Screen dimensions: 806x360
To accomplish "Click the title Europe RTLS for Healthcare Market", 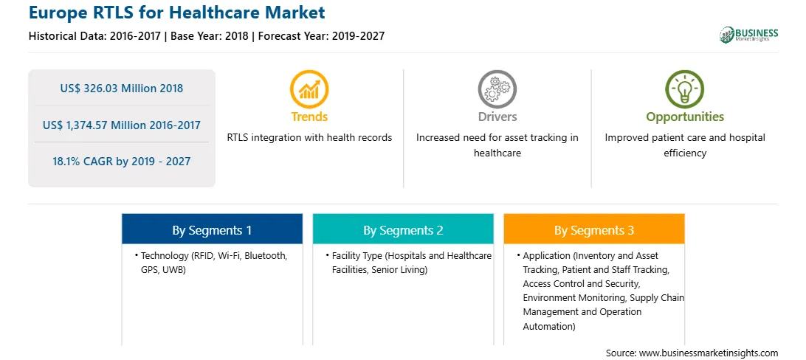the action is point(177,12).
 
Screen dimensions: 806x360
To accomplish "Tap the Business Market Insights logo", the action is point(748,35).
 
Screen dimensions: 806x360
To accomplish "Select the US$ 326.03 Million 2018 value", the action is point(121,88).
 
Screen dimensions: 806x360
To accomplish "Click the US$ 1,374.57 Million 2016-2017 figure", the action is point(121,125).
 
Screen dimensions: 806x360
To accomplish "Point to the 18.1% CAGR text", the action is point(121,162).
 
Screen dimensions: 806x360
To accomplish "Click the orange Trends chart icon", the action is point(309,89).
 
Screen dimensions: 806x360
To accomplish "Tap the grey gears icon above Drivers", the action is point(497,89).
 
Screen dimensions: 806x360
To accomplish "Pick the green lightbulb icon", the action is point(685,89).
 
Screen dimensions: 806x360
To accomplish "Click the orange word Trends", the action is point(309,117).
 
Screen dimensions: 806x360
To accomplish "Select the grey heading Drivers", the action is point(497,117).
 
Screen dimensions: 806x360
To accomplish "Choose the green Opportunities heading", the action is point(685,117).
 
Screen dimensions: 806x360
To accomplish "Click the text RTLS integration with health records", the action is point(309,138).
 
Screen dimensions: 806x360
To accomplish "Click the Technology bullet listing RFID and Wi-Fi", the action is point(213,263).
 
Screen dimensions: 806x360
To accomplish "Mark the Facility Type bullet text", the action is point(409,263).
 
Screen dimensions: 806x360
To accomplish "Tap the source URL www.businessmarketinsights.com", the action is point(709,353).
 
